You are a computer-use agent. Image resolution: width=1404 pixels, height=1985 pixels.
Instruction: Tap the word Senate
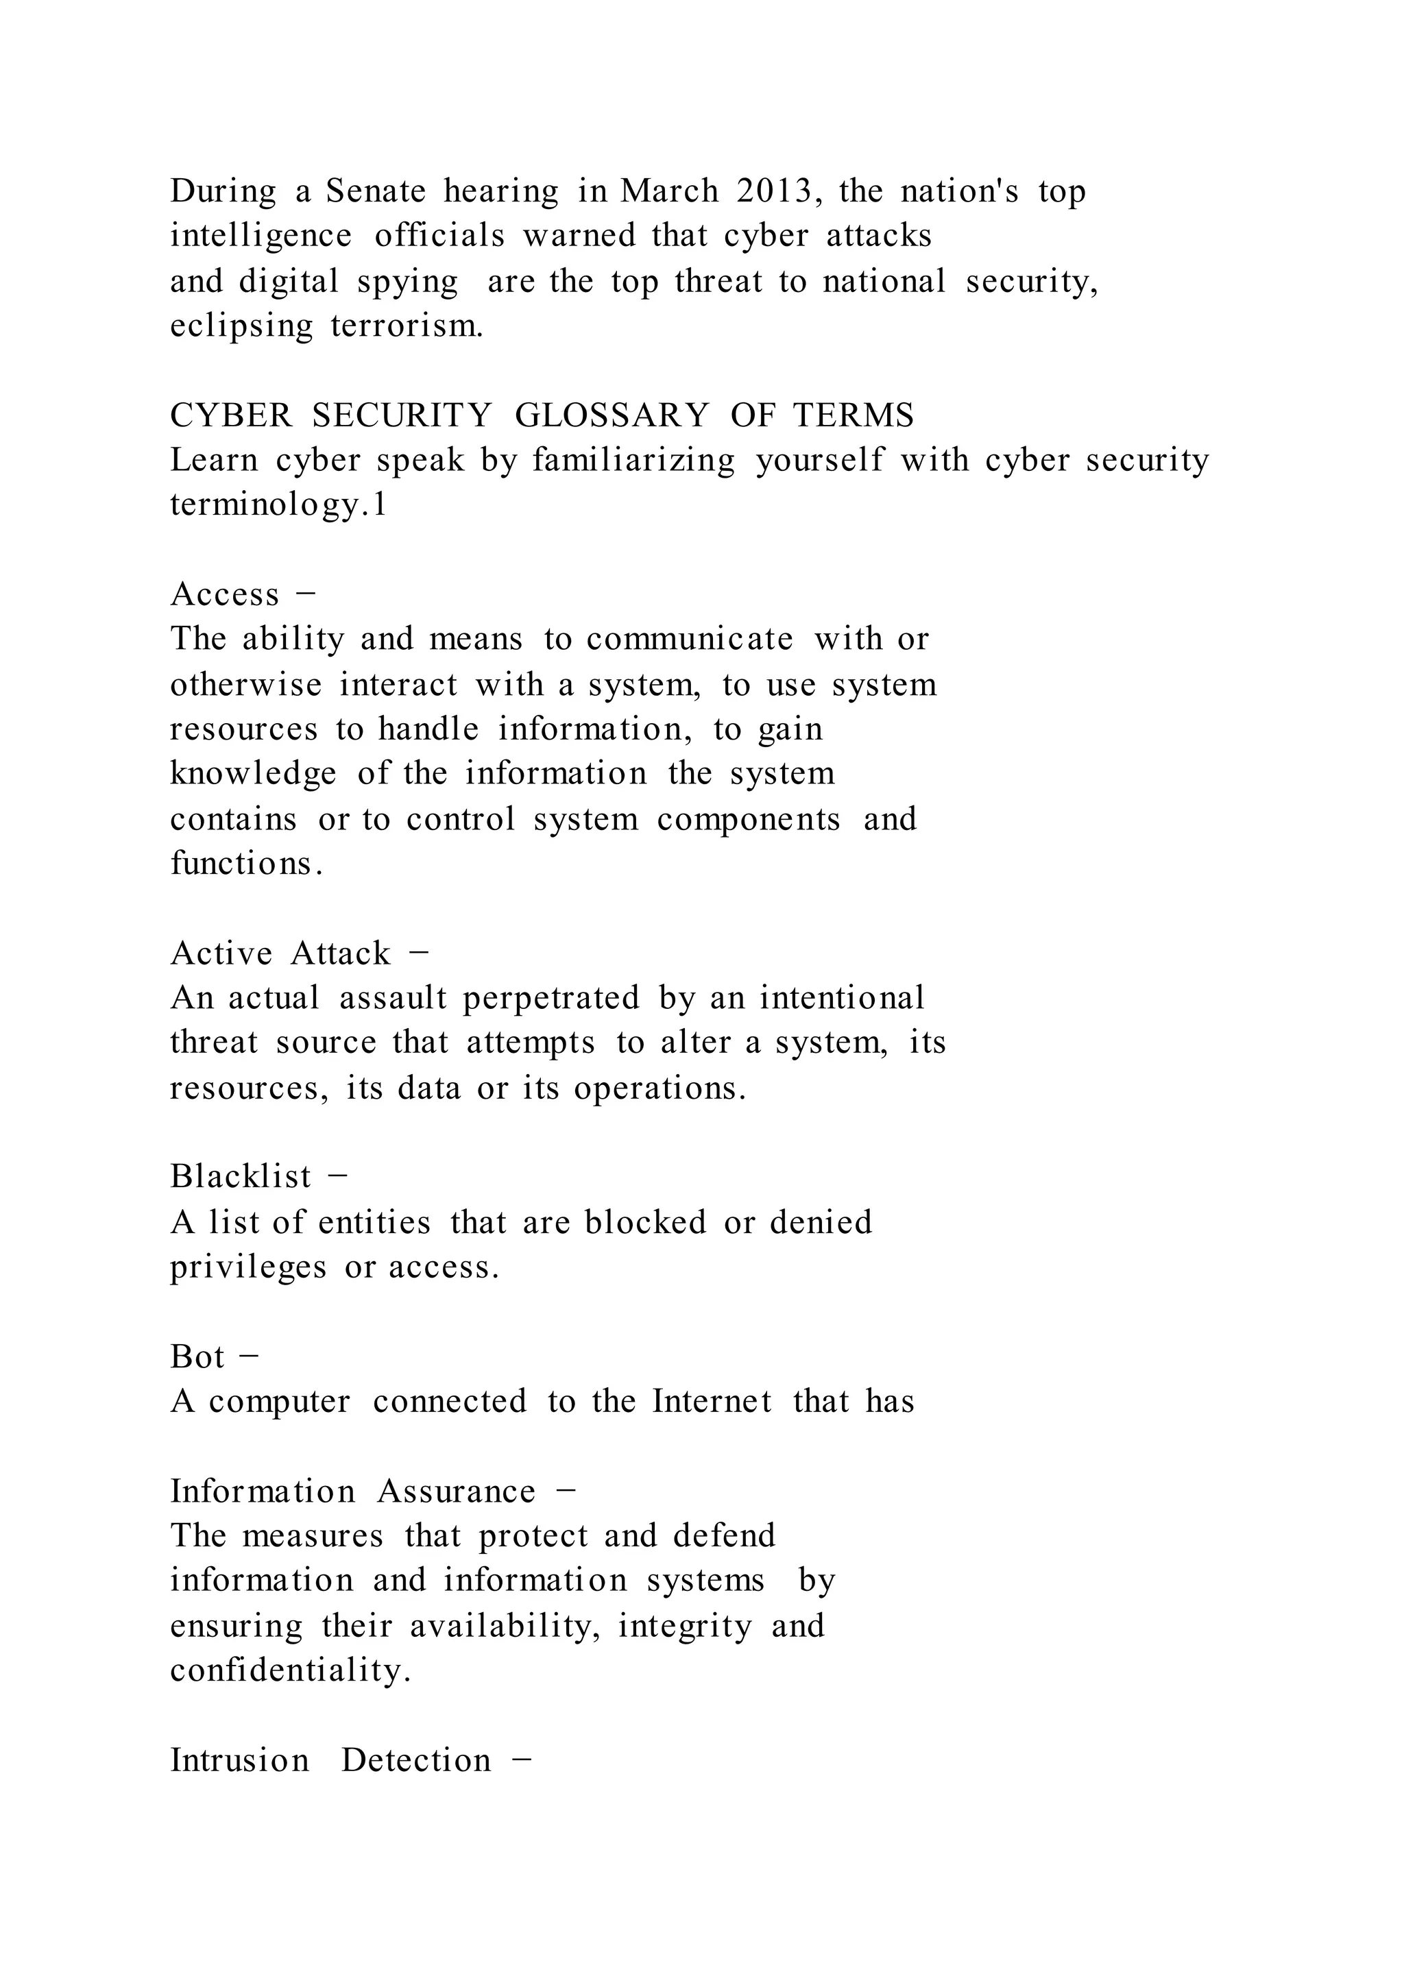pos(375,191)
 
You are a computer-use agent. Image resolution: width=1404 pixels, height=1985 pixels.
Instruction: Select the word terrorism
pos(407,326)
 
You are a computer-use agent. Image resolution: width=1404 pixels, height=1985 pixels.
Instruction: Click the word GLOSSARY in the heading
pos(612,416)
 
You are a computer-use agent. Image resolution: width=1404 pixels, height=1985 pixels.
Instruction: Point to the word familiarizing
pos(633,460)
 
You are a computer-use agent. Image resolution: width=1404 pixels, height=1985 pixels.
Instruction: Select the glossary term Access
pos(225,595)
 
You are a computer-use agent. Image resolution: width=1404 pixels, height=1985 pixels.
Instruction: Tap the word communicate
pos(689,639)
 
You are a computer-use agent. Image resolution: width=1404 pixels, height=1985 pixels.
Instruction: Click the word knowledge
pos(252,774)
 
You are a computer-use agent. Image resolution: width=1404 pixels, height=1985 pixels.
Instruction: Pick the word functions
pos(245,863)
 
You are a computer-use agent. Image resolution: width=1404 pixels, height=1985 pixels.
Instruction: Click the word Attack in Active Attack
pos(341,953)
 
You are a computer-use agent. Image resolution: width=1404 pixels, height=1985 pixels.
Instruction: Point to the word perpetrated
pos(550,999)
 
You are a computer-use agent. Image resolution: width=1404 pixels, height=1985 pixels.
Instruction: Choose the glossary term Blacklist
pos(241,1177)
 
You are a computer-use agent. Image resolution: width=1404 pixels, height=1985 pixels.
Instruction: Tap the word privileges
pos(248,1267)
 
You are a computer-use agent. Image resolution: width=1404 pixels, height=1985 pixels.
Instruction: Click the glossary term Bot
pos(197,1357)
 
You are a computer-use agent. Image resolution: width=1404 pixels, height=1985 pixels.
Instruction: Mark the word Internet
pos(712,1402)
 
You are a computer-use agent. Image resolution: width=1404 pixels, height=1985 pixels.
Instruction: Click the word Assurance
pos(456,1491)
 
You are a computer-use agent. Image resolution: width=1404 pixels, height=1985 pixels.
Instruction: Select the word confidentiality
pos(289,1670)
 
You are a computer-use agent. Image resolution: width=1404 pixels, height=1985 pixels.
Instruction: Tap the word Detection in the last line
pos(416,1760)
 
